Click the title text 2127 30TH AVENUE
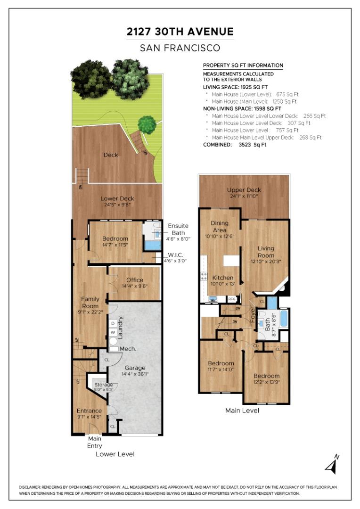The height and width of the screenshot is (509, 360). click(x=180, y=32)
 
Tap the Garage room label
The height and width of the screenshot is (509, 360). click(x=135, y=368)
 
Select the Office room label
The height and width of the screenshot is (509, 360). click(x=135, y=280)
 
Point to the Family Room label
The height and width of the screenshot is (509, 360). click(x=90, y=302)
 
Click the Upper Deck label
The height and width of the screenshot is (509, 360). click(x=244, y=190)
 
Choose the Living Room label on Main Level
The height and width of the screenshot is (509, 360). click(x=266, y=252)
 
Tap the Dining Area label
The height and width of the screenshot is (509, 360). click(x=220, y=227)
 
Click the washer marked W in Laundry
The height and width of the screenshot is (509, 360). click(x=113, y=332)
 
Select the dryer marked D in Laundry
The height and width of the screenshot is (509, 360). click(x=113, y=323)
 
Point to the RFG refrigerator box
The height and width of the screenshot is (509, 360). click(x=232, y=299)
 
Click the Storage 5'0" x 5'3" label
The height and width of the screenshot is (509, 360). click(x=104, y=387)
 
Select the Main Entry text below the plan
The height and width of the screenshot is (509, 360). click(x=94, y=442)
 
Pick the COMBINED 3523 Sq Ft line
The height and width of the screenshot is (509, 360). click(x=235, y=145)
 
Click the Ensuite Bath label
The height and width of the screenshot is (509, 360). click(x=178, y=229)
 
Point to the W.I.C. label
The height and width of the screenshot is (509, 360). click(x=175, y=255)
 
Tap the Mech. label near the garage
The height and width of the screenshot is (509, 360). click(x=128, y=349)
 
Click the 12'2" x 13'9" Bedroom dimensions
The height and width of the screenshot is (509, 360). click(x=266, y=382)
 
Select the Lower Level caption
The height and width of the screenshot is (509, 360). click(x=115, y=454)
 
